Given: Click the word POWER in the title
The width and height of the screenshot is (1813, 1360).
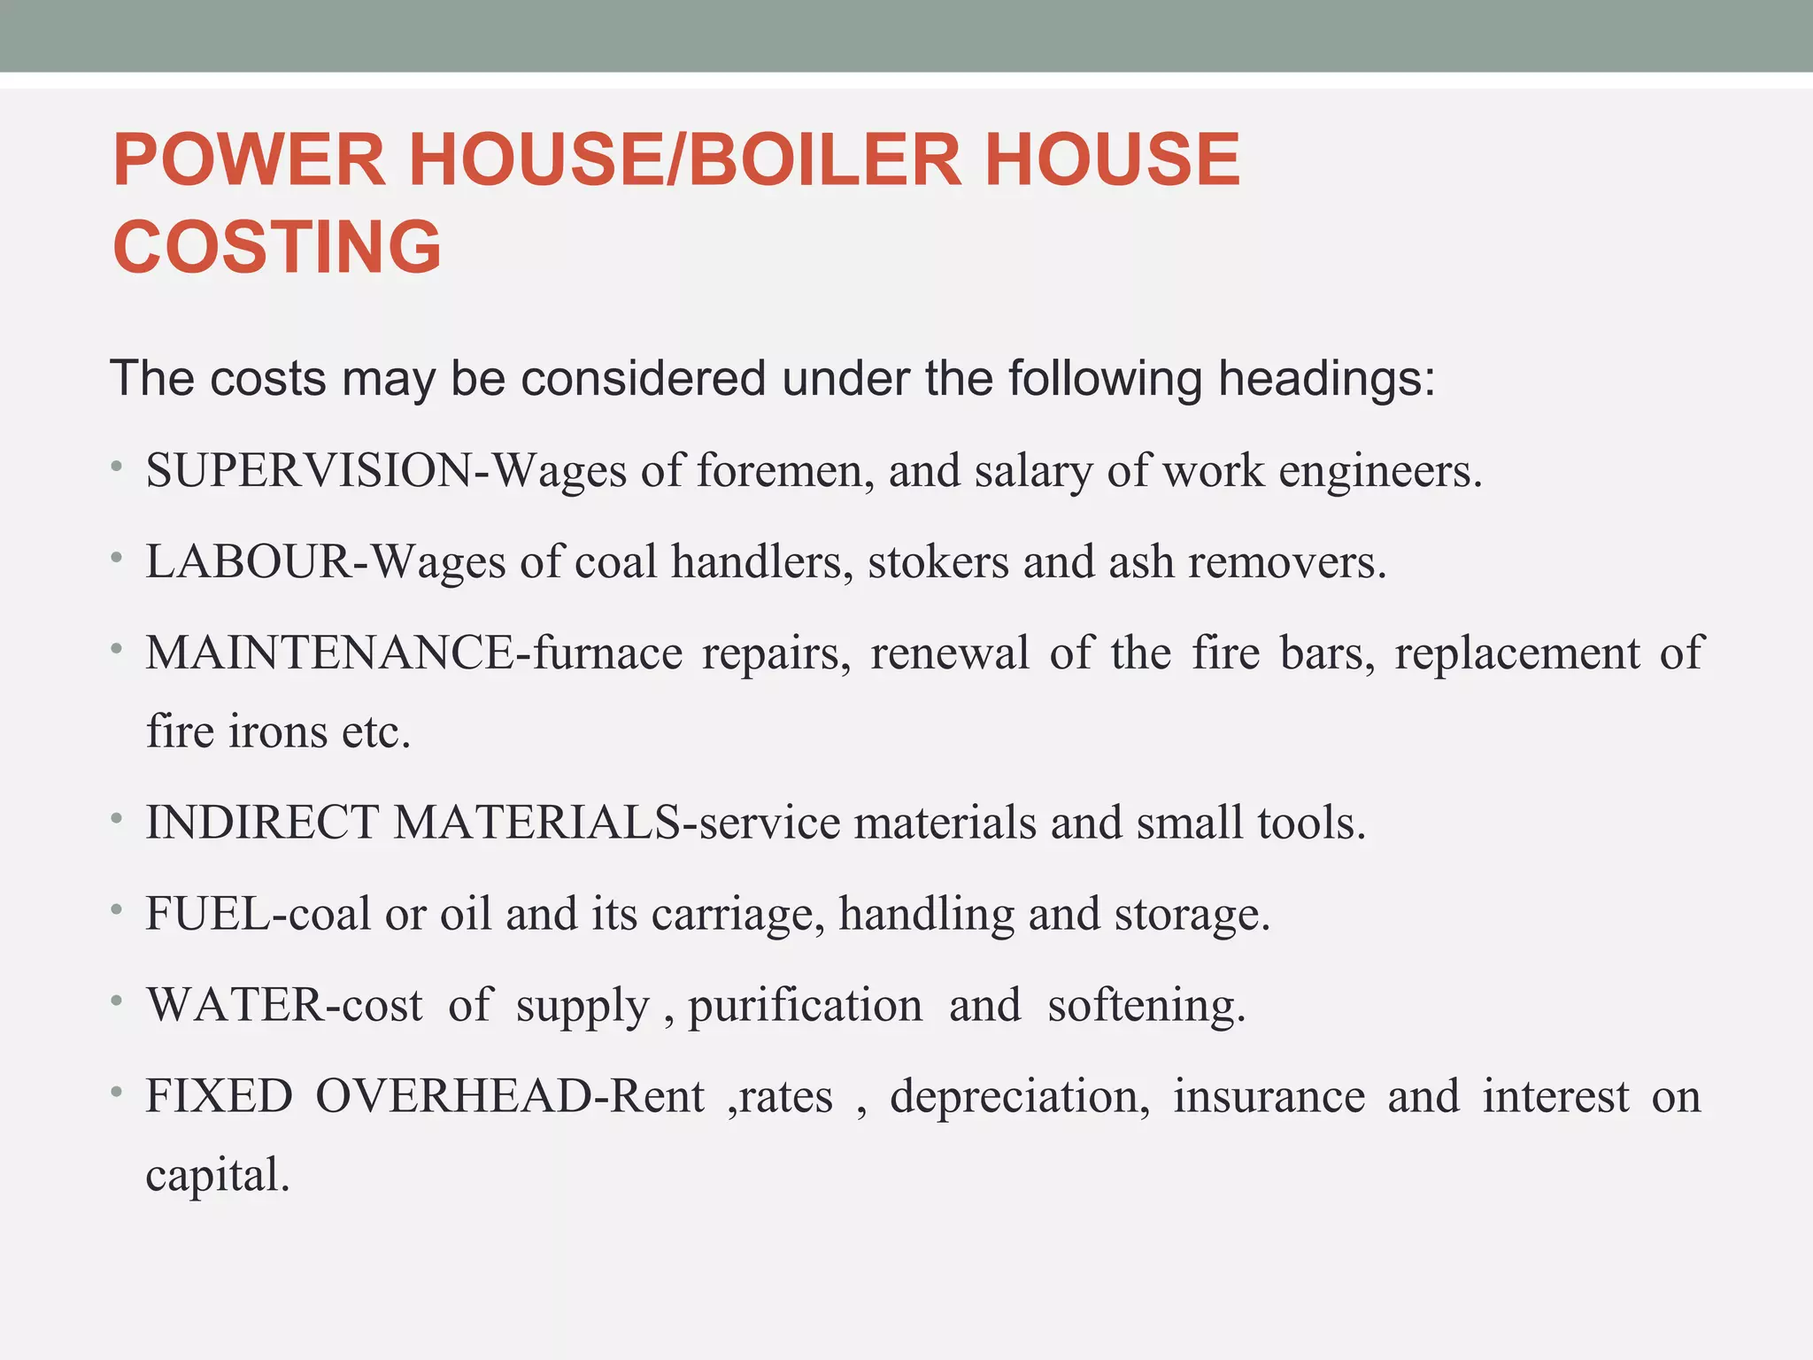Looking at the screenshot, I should tap(250, 159).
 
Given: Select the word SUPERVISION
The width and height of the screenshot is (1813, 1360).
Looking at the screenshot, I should tap(310, 470).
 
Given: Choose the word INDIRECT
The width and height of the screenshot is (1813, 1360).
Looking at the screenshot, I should tap(263, 823).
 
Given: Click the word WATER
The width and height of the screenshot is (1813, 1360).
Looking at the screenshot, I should tap(235, 1005).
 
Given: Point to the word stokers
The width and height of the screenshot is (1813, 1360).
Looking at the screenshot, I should tap(938, 561).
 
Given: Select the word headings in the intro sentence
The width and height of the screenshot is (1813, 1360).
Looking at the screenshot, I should tap(1324, 379).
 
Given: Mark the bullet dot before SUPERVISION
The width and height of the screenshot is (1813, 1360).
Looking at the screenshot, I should tap(117, 466).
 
